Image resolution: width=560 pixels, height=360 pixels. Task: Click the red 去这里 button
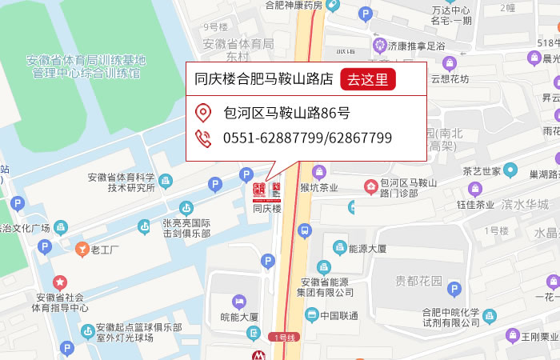pos(368,79)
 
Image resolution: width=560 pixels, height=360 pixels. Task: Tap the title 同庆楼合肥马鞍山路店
pos(264,79)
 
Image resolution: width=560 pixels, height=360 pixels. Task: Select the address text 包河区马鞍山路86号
pos(286,113)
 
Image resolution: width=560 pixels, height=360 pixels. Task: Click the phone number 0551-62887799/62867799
pos(308,138)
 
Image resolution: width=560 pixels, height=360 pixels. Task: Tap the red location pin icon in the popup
pos(203,113)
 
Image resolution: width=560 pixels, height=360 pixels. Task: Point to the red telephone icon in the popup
pos(203,138)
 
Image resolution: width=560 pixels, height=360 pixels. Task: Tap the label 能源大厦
pos(367,249)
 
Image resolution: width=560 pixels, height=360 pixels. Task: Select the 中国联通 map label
pos(338,314)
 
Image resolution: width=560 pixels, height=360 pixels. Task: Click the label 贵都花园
pos(418,281)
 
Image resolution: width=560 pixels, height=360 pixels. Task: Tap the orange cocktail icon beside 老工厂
pos(81,250)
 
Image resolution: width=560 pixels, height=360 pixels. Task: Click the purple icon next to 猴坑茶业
pos(319,171)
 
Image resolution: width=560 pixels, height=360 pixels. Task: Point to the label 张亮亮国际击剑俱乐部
pos(186,228)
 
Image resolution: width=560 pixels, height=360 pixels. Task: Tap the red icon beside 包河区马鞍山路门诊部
pos(371,187)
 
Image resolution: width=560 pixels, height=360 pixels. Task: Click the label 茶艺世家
pos(482,171)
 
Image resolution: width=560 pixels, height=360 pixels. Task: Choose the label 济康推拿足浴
pos(416,45)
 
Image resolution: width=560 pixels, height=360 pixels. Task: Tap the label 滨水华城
pos(526,204)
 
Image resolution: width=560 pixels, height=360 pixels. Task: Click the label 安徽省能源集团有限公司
pos(327,286)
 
